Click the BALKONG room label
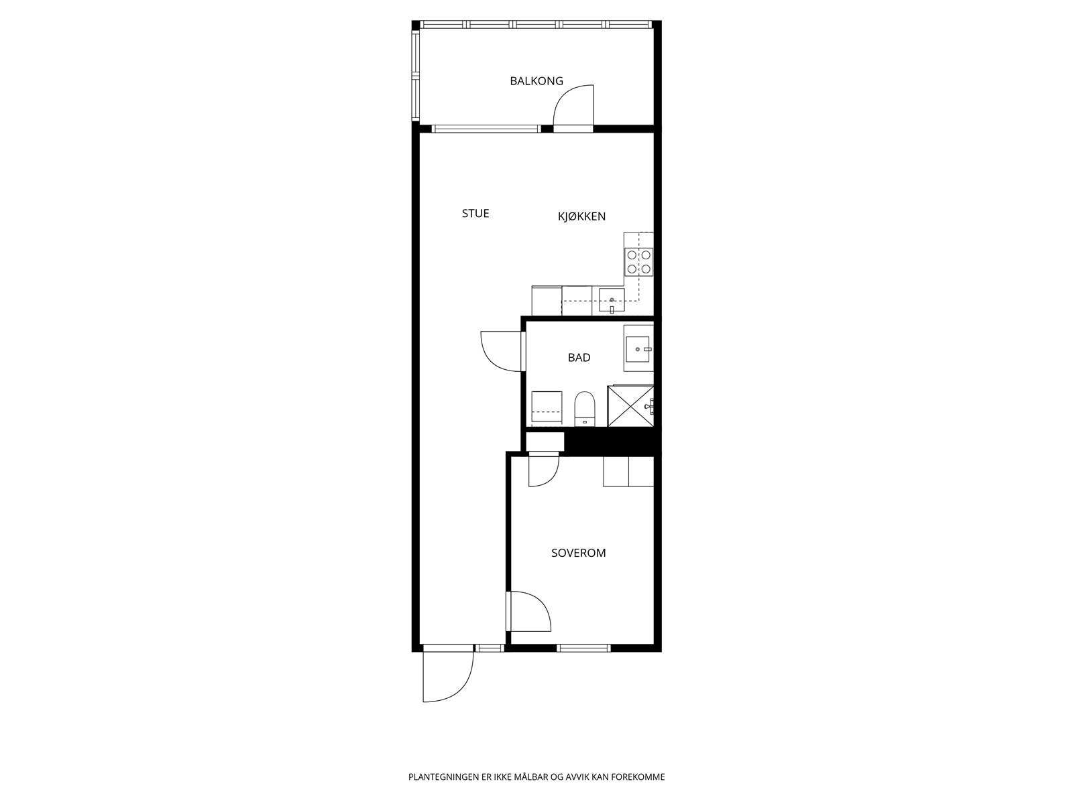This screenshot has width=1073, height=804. pos(536,81)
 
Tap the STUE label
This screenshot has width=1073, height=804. pos(475,214)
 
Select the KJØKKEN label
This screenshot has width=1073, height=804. pos(581,216)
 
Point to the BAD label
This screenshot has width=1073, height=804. pos(579,358)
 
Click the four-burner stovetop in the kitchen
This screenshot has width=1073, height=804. pos(638,262)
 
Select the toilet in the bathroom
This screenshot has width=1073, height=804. pos(585,409)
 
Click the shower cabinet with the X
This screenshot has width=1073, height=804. pos(630,406)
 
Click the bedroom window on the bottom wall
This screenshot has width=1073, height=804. pos(583,648)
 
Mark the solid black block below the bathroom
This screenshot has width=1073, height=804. pos(609,442)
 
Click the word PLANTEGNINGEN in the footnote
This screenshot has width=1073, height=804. pos(443,778)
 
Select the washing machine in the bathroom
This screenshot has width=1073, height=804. pos(546,409)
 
